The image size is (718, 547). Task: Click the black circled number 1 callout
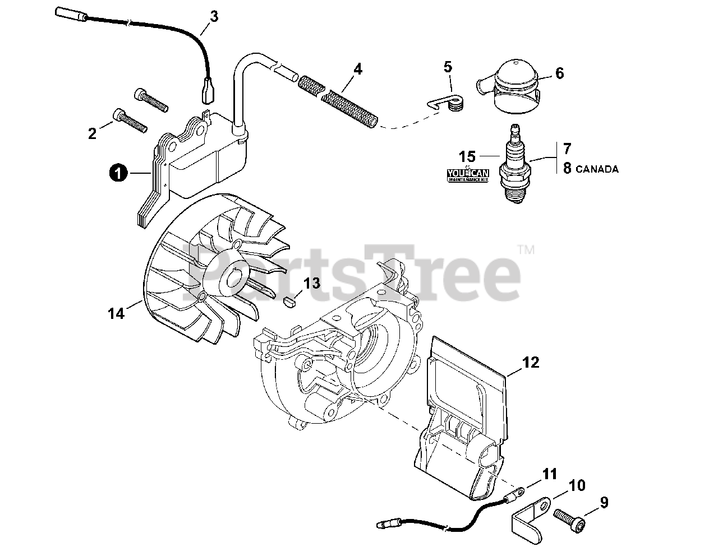(x=117, y=174)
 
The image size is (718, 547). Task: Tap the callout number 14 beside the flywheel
(x=116, y=314)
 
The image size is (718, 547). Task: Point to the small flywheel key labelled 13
(x=289, y=303)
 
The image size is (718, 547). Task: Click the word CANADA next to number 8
(x=599, y=168)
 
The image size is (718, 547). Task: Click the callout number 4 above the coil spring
(x=358, y=69)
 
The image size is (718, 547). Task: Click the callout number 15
(x=467, y=155)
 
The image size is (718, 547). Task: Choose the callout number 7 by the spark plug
(x=567, y=149)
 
